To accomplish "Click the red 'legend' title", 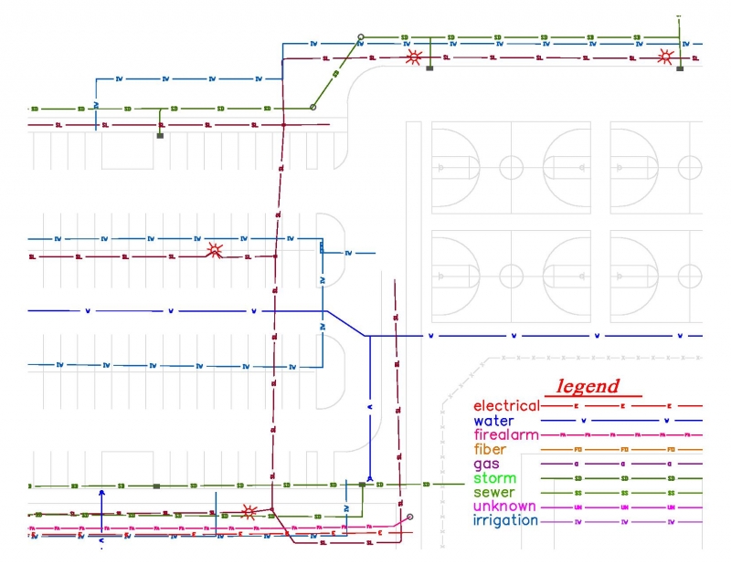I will click(588, 386).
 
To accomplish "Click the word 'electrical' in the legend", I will click(506, 406).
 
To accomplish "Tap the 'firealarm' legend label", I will click(506, 435).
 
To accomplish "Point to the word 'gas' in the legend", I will click(486, 465).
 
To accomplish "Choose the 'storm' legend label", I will click(494, 478).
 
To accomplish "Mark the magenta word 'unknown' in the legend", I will click(504, 507).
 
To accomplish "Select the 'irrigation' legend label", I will click(505, 521).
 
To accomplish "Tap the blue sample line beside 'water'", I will click(621, 421).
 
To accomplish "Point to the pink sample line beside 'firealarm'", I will click(621, 435).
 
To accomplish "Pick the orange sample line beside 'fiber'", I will click(621, 450).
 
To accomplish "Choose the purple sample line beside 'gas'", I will click(621, 465).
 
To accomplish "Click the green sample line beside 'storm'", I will click(621, 478).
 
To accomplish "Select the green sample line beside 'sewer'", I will click(621, 493).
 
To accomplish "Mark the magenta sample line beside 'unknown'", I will click(621, 507).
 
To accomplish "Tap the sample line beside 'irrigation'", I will click(621, 522).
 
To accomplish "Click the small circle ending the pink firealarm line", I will click(409, 517).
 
